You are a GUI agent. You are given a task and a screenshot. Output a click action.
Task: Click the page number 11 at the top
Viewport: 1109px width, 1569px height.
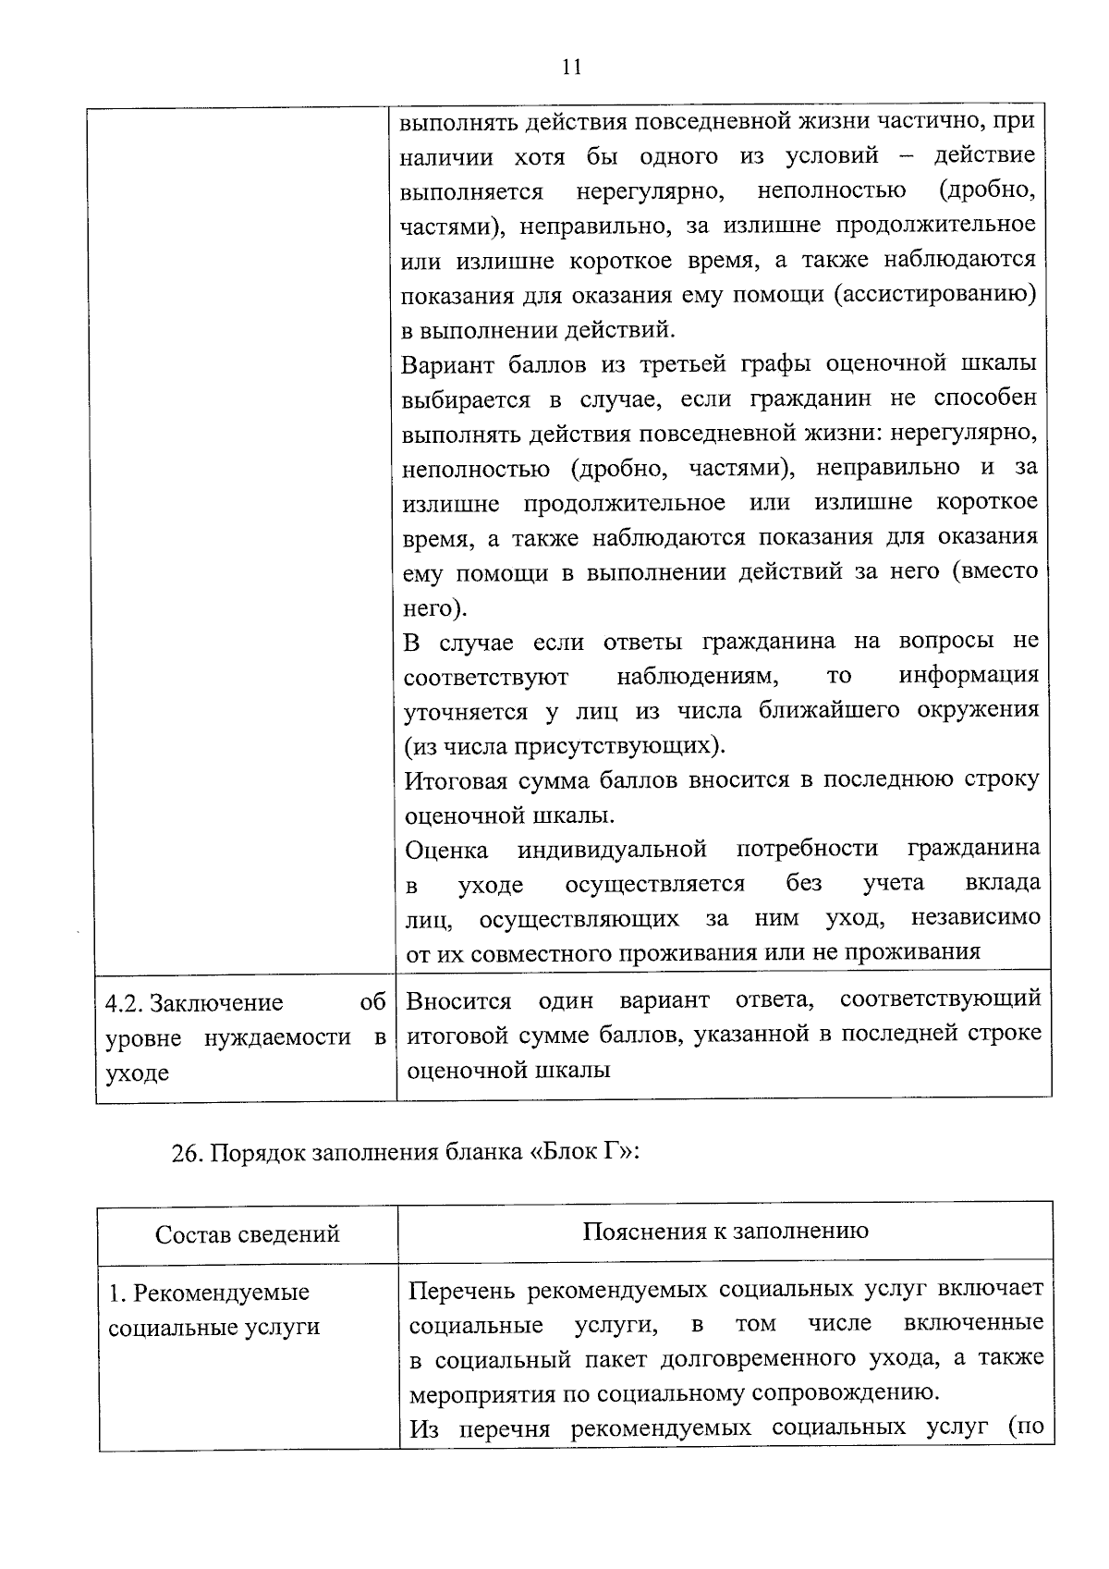click(570, 67)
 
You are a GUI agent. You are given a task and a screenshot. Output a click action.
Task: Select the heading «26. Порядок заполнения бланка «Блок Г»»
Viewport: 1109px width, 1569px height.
click(406, 1153)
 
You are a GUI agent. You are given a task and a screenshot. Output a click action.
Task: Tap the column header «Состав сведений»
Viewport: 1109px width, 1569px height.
click(247, 1234)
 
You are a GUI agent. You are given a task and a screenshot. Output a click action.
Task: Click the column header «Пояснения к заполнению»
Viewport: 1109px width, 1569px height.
click(725, 1231)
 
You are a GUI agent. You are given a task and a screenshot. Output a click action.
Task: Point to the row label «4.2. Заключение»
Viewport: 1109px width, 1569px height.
click(194, 1003)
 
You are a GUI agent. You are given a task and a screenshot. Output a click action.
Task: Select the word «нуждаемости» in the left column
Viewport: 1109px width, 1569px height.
click(276, 1037)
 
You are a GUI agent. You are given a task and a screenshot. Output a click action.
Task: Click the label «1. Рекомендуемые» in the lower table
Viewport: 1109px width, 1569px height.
click(208, 1293)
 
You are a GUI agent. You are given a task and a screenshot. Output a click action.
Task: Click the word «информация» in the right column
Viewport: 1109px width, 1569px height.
click(968, 675)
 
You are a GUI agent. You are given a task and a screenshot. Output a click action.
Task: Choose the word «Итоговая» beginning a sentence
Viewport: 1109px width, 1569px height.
click(458, 780)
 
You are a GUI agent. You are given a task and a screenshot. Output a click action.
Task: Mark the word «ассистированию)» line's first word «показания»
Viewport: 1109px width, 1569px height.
click(453, 296)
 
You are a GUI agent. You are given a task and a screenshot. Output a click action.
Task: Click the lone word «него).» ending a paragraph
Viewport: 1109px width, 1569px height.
click(433, 607)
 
